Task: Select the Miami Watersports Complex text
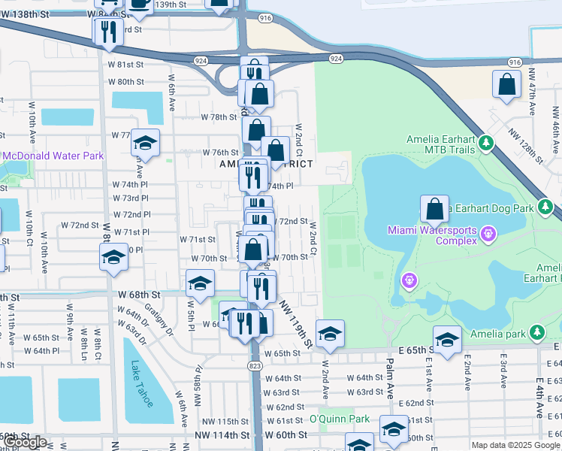432,235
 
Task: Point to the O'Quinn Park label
339,419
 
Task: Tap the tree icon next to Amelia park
536,332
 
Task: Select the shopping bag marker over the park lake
434,209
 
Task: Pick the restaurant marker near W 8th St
107,31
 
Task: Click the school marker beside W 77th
145,143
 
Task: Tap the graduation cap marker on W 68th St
200,284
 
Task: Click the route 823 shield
256,365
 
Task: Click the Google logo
23,442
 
